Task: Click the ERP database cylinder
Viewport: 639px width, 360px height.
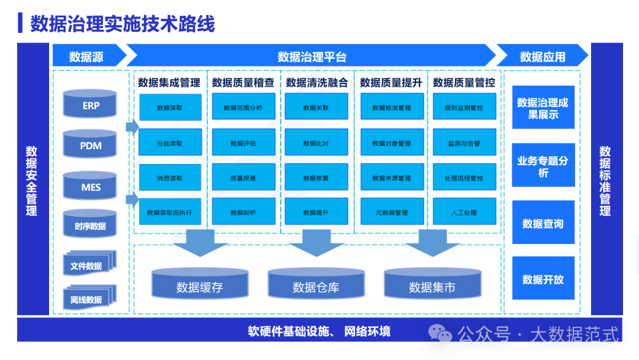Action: [x=91, y=105]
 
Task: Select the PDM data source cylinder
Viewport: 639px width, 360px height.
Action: [x=91, y=145]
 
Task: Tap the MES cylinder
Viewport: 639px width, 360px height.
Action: [x=91, y=187]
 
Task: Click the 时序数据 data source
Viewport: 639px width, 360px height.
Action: [x=91, y=225]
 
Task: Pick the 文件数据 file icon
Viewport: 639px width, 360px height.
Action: [x=89, y=265]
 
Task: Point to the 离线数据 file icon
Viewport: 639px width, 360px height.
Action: [x=89, y=298]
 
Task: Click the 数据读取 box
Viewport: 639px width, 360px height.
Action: [x=170, y=108]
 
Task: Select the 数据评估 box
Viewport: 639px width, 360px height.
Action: [x=243, y=143]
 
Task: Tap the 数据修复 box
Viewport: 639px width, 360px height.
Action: [x=316, y=178]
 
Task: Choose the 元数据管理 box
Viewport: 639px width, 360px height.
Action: [x=392, y=212]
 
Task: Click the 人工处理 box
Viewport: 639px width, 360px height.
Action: [x=464, y=212]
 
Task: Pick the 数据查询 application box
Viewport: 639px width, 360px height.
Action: [x=543, y=223]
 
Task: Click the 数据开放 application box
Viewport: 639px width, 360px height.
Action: [x=543, y=278]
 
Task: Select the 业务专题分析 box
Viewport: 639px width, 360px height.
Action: [x=543, y=166]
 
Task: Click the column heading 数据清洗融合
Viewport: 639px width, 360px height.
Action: [x=317, y=83]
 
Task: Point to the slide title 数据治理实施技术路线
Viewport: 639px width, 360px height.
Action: [x=122, y=24]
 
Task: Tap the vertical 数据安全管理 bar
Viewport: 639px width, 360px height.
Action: [x=33, y=179]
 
